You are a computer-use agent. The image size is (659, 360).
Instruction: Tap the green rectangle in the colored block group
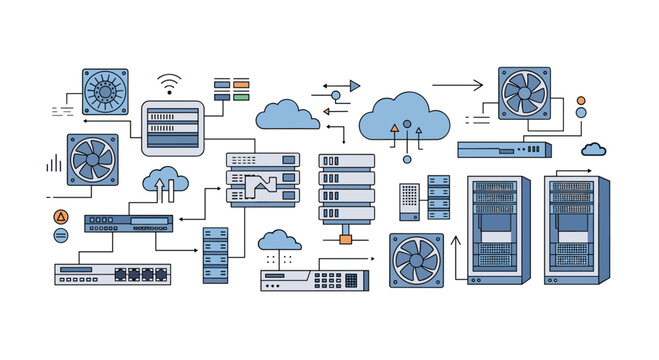coord(241,98)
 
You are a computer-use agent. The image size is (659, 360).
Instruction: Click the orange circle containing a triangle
coord(60,216)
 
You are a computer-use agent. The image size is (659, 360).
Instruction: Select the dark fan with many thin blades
coord(105,92)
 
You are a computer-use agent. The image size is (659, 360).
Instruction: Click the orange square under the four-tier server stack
coord(346,240)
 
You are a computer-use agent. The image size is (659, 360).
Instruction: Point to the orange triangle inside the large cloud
coord(394,129)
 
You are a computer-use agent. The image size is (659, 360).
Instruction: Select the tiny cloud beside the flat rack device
coord(594,149)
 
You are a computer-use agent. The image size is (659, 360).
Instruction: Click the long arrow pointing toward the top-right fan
coord(457,87)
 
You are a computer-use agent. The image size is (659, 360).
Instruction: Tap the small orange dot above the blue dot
coord(580,100)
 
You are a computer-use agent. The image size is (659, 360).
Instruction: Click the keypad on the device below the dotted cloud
coord(326,281)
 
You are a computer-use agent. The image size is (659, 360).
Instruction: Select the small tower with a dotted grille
coord(410,201)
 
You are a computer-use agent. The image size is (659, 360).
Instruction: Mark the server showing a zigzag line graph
coord(263,181)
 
